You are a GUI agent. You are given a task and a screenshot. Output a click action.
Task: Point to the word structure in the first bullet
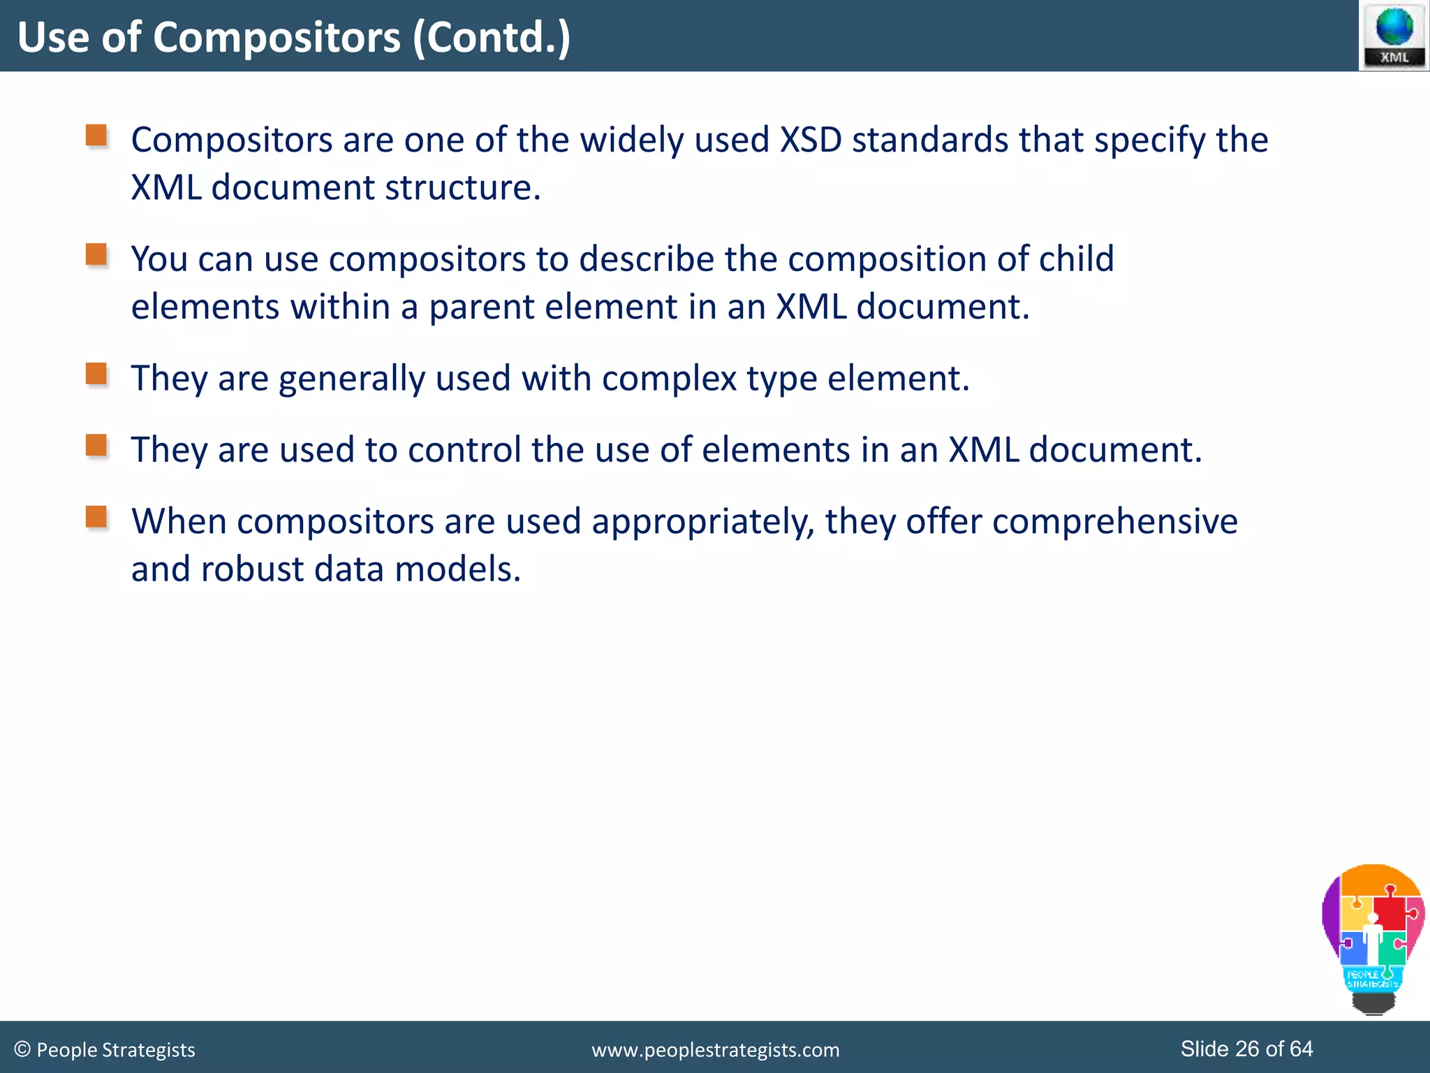point(462,188)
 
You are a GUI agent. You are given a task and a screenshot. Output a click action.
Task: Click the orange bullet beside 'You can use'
point(96,254)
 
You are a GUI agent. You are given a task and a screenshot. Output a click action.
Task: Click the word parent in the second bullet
point(481,307)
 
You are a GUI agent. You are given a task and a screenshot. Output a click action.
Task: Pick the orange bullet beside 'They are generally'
point(96,374)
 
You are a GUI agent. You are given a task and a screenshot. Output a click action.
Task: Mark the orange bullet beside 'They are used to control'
point(96,445)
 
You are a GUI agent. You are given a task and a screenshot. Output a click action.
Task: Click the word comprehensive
point(1114,522)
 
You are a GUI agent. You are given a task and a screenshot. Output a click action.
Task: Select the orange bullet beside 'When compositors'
point(96,517)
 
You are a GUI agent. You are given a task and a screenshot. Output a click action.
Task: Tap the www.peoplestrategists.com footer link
point(715,1050)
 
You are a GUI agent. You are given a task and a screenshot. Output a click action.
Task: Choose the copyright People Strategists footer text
point(105,1050)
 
